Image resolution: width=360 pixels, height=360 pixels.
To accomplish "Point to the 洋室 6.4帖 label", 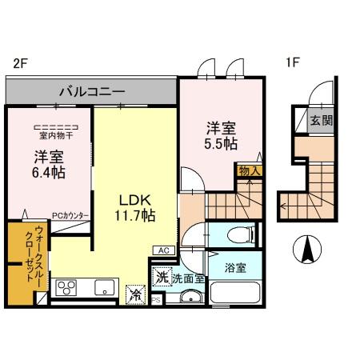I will pos(50,165).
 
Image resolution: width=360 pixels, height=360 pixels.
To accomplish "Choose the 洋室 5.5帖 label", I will pos(221,134).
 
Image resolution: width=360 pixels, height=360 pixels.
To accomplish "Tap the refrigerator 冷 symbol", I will pos(133,294).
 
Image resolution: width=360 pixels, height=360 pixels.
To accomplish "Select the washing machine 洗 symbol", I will pos(161,278).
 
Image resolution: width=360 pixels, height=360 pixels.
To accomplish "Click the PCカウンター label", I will pos(70,216).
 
